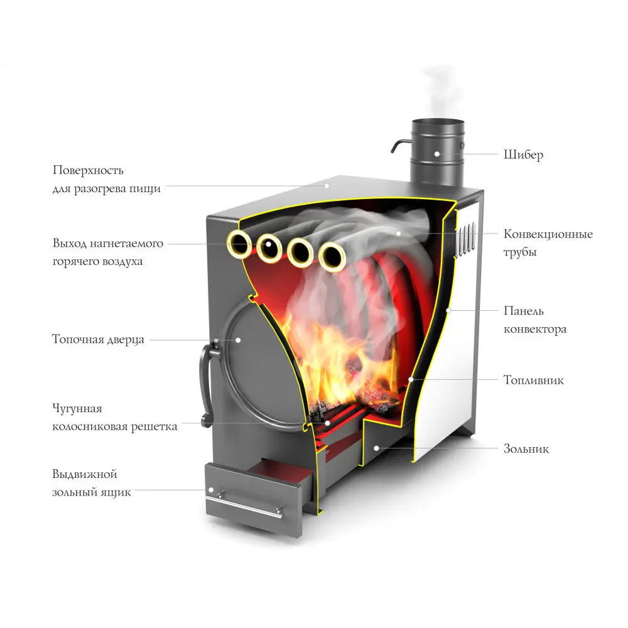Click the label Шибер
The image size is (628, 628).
pos(523,154)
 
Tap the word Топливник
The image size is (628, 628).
pos(533,380)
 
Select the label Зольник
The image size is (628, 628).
pos(526,449)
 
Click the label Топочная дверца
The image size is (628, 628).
pos(98,340)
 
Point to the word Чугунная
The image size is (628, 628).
pos(77,409)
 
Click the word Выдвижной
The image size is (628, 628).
pos(85,474)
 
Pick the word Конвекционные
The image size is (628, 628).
pos(548,234)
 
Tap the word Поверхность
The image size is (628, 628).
pos(88,170)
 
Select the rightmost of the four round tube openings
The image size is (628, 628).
pos(332,256)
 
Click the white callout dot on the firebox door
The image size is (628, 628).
pos(239,340)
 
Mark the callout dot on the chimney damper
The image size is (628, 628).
pos(437,153)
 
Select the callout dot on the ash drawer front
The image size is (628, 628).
pos(211,490)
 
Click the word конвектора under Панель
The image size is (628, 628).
pos(535,329)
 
